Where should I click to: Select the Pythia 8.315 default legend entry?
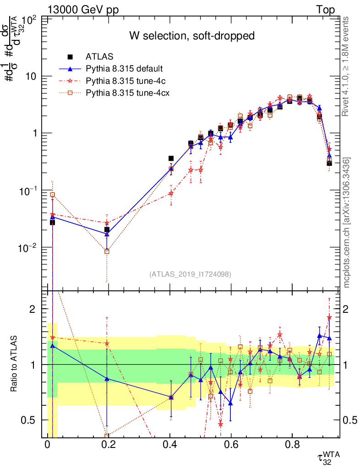click(x=124, y=69)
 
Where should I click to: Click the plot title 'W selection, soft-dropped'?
click(x=191, y=36)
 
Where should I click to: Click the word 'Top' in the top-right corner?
click(x=325, y=10)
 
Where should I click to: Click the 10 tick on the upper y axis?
click(x=31, y=76)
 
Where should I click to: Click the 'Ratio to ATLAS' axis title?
click(x=14, y=365)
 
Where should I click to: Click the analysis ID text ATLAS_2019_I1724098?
click(x=190, y=274)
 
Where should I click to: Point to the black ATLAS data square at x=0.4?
click(x=171, y=158)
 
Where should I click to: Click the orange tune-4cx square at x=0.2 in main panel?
click(x=107, y=251)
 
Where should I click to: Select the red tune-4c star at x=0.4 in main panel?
click(x=171, y=193)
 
